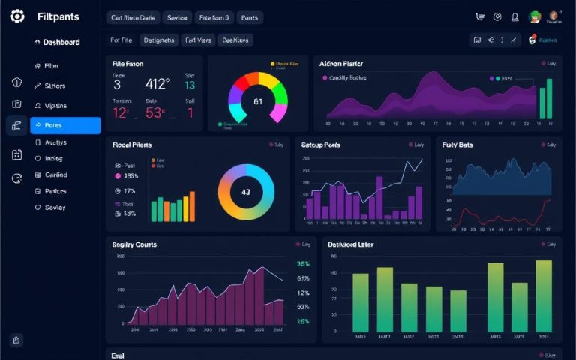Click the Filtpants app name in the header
58,16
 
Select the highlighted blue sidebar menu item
64,125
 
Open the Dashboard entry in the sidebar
61,43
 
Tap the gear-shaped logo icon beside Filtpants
17,16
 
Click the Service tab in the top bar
177,16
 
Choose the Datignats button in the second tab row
158,40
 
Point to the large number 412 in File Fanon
157,84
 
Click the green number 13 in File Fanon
190,85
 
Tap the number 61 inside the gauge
258,101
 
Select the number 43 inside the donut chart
246,192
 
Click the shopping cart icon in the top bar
480,16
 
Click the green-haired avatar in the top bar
535,16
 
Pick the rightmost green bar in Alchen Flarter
549,98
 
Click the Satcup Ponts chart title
321,145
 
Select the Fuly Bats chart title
457,145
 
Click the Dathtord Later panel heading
351,244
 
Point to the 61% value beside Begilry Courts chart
303,278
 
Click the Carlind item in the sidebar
56,175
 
